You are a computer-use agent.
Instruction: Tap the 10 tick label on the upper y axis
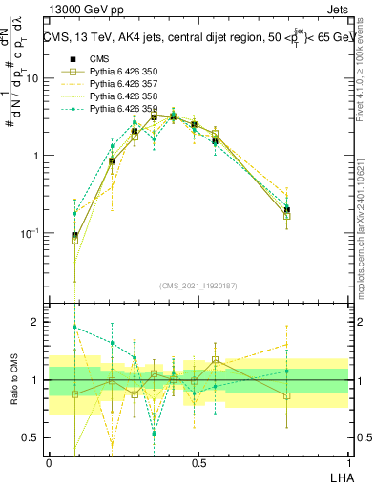31,78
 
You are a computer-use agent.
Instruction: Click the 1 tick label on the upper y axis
35,156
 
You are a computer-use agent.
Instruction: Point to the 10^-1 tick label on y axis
30,233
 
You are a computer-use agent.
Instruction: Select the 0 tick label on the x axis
49,463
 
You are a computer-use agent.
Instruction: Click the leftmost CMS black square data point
75,235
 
